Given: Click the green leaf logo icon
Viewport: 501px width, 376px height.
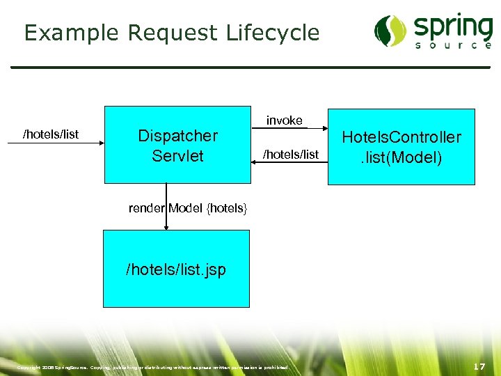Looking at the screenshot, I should pyautogui.click(x=390, y=31).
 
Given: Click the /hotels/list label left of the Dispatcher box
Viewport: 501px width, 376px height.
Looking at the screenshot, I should pyautogui.click(x=51, y=134).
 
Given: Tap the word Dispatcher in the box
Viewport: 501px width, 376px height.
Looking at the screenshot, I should pyautogui.click(x=177, y=136).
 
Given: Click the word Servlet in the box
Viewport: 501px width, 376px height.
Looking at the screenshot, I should pyautogui.click(x=177, y=155).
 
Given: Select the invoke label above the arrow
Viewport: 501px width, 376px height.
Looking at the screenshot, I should pyautogui.click(x=284, y=120).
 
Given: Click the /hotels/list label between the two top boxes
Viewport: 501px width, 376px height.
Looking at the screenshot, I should pyautogui.click(x=290, y=154).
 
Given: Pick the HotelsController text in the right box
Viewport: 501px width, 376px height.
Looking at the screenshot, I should pyautogui.click(x=401, y=137).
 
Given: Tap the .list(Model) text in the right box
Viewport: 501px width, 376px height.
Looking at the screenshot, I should pyautogui.click(x=401, y=157).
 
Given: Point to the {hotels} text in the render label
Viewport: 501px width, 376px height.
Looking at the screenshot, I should pyautogui.click(x=227, y=207).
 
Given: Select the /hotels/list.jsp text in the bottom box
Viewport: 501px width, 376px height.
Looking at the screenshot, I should pyautogui.click(x=175, y=269).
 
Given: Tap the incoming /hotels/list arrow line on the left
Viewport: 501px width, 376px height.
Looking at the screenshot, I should pyautogui.click(x=56, y=143).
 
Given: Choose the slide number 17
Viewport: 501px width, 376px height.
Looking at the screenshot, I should pyautogui.click(x=479, y=366).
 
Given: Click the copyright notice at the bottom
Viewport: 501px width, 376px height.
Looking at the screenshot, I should pyautogui.click(x=152, y=367).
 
